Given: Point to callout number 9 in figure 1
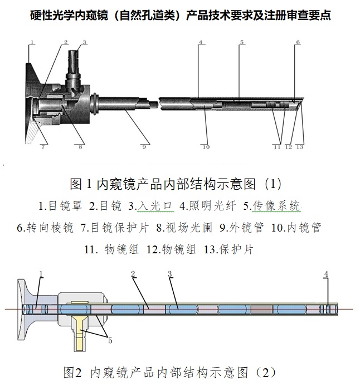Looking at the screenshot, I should [x=144, y=147].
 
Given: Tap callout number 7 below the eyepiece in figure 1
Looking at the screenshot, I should [x=42, y=147].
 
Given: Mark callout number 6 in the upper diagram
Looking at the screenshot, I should [x=298, y=42].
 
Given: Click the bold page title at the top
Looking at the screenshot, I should [x=180, y=16].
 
